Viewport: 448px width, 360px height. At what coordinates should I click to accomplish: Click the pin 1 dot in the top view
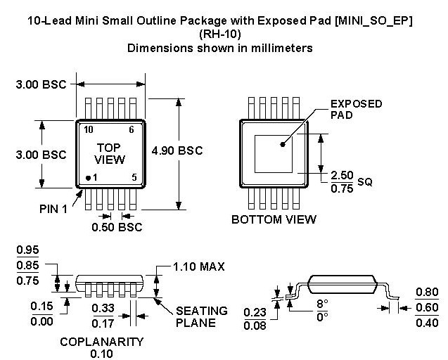click(x=88, y=178)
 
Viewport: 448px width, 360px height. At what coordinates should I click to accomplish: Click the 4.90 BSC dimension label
click(x=177, y=150)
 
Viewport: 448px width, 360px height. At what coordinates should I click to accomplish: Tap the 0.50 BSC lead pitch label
click(x=117, y=227)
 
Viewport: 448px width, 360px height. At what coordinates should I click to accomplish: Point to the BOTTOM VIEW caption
click(x=274, y=219)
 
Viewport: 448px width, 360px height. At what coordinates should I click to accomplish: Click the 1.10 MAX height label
click(x=200, y=266)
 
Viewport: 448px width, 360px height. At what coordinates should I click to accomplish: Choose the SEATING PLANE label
click(x=201, y=316)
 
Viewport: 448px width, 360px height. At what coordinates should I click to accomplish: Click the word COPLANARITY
click(x=101, y=342)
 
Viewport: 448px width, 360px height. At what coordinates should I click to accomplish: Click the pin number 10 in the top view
click(x=89, y=130)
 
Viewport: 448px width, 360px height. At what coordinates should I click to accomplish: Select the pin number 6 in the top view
click(x=130, y=130)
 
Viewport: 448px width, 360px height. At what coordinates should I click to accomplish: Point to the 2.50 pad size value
click(x=343, y=174)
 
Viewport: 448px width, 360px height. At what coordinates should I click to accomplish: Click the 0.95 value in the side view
click(x=27, y=250)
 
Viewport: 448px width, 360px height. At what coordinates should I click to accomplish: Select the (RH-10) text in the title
click(x=219, y=34)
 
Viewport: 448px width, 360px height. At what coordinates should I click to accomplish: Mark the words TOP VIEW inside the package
click(x=110, y=153)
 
